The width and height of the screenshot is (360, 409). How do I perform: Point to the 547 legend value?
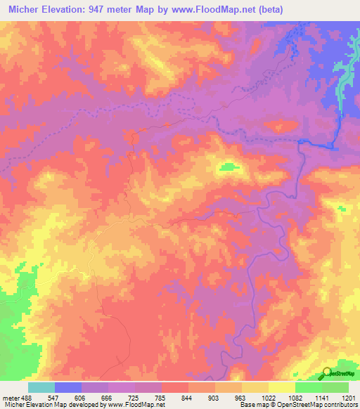point(55,397)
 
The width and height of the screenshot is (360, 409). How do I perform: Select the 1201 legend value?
point(347,397)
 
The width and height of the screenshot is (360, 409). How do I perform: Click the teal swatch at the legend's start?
point(41,387)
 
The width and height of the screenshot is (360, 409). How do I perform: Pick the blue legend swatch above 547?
point(68,387)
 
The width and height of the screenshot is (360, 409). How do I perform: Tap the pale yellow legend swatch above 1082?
point(282,387)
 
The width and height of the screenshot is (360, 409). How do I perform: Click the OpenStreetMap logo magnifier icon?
point(327,372)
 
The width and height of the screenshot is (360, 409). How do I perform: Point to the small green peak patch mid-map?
point(228,167)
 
